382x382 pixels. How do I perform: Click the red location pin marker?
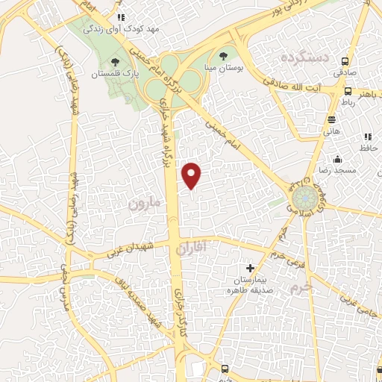click(192, 175)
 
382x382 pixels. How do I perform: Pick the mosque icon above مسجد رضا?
click(338, 158)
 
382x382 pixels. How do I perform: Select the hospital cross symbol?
click(250, 268)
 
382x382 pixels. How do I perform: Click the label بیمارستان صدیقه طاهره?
click(251, 284)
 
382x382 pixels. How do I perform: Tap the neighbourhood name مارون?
click(143, 202)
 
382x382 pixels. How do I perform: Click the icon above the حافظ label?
click(367, 137)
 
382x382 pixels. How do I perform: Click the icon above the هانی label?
click(331, 118)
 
